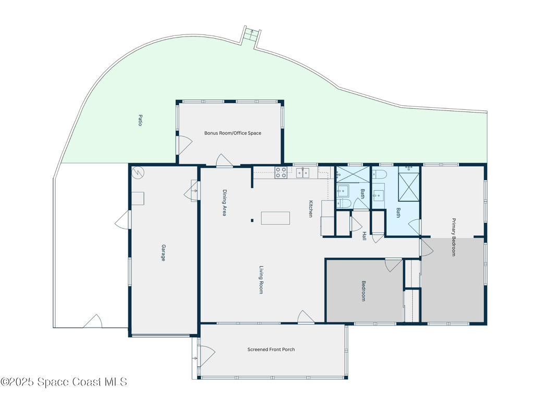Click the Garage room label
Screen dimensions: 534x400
(163, 253)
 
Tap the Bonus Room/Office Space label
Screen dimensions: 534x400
(233, 133)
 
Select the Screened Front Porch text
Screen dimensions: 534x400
(271, 349)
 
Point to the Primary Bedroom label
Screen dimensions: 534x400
(454, 237)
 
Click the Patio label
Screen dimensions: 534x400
(140, 120)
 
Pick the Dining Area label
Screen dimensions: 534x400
(224, 203)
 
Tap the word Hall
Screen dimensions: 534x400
(364, 236)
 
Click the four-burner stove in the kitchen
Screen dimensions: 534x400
(281, 172)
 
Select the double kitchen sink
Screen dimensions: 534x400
(303, 173)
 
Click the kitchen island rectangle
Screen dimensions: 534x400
(275, 218)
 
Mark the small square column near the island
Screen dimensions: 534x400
(252, 220)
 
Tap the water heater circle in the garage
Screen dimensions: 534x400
(138, 172)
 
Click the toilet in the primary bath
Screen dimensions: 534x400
(380, 174)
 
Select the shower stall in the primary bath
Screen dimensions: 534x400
(409, 187)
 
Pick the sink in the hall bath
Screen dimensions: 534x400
(343, 191)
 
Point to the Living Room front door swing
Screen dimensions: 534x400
(306, 317)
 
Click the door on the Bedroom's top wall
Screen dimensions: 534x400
(394, 265)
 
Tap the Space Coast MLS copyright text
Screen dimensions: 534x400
(64, 382)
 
